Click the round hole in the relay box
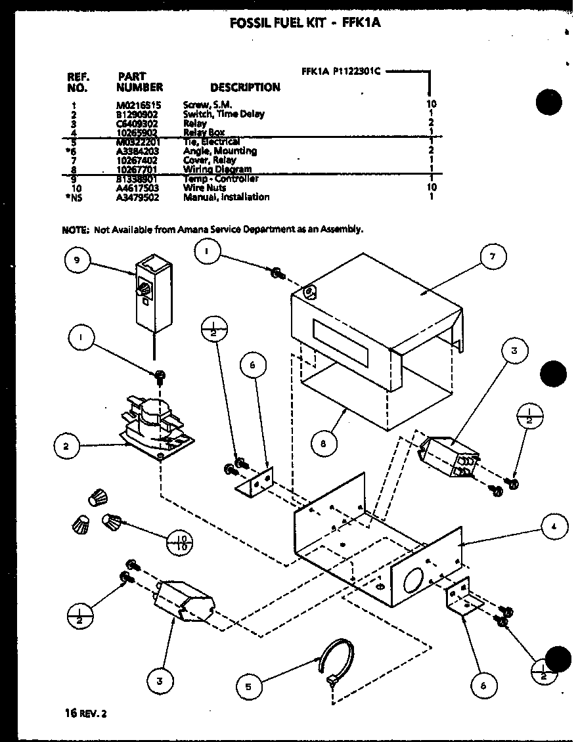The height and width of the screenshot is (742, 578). coord(415,582)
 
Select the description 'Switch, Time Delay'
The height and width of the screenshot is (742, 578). coord(223,114)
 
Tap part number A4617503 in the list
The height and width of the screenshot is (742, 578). coord(138,188)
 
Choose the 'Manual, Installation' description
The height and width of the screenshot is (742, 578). coord(226,197)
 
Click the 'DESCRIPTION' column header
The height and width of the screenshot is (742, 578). coord(245,87)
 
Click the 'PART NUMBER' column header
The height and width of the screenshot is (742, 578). coord(139,81)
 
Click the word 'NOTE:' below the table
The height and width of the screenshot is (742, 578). coord(76,229)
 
